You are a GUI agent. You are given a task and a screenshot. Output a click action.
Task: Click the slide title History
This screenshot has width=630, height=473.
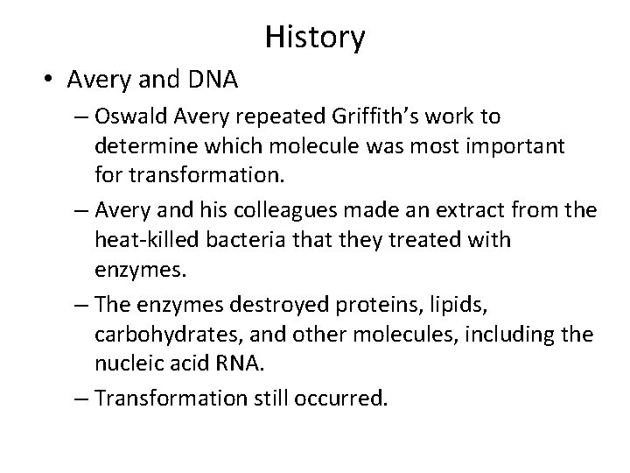pyautogui.click(x=314, y=38)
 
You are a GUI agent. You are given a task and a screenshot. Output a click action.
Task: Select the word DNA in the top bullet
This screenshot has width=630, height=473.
pyautogui.click(x=213, y=81)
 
